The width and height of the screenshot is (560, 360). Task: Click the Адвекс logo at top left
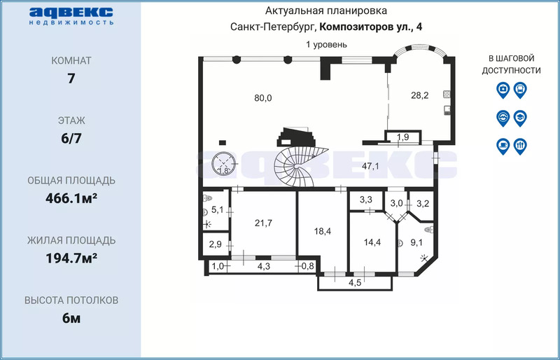click(71, 16)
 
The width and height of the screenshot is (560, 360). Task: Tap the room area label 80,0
click(263, 98)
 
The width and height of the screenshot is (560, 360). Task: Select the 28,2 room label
click(419, 95)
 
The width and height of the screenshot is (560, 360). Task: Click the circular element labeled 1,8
click(223, 164)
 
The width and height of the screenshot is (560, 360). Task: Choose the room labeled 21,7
click(264, 223)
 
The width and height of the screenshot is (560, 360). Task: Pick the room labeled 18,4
click(323, 231)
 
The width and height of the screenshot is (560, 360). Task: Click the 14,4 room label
click(372, 242)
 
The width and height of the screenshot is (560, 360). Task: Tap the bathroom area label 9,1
click(416, 243)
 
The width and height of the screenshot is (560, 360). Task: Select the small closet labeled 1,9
click(403, 137)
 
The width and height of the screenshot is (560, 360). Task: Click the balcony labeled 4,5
click(355, 282)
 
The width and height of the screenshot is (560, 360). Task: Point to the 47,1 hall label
click(370, 166)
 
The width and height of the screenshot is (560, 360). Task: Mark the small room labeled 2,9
click(214, 245)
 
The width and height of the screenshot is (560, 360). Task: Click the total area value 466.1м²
click(71, 198)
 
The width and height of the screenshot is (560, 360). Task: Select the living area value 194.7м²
click(71, 258)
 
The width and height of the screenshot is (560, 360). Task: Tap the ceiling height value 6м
click(71, 318)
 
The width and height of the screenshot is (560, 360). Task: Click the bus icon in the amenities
click(520, 90)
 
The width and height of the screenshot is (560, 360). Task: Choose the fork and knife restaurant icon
click(520, 146)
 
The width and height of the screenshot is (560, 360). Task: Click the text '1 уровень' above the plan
click(326, 45)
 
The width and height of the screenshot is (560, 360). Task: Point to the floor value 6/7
click(71, 139)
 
